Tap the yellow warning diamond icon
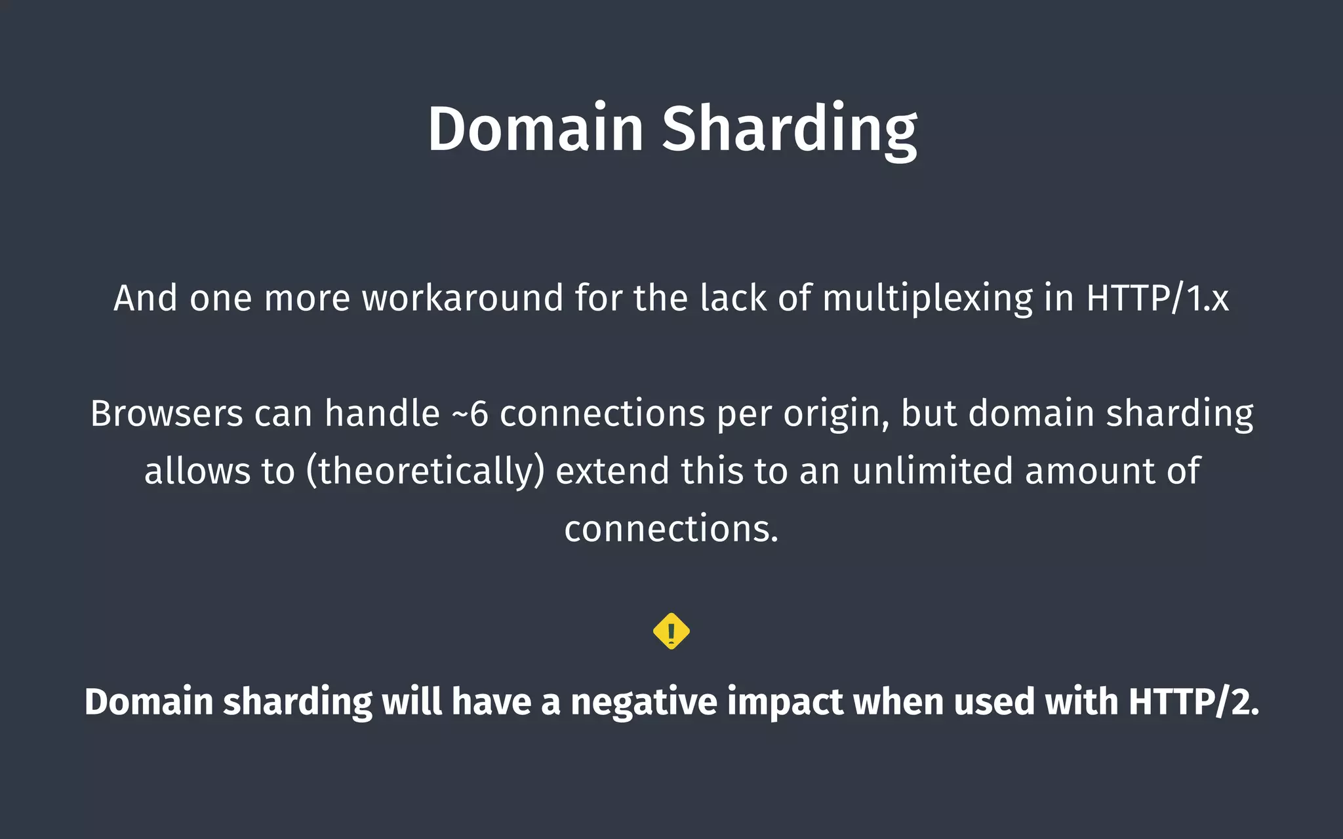pos(671,631)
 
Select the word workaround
pos(462,298)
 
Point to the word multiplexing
pos(927,298)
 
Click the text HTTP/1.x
pos(1157,298)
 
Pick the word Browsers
pos(167,414)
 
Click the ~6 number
pos(470,414)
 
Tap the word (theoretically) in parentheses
pos(426,471)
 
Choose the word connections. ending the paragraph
pos(671,528)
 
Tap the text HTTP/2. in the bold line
pos(1193,702)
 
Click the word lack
pos(732,298)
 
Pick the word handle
pos(382,414)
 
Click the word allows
pos(197,471)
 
